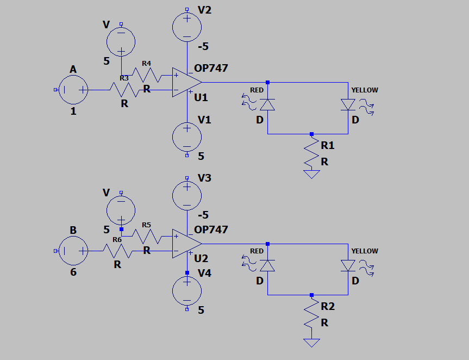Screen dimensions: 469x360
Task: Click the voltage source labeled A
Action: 73,90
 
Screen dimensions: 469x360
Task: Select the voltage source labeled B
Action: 73,251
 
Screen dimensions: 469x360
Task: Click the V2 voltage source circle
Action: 187,27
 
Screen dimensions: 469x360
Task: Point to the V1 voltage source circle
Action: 187,137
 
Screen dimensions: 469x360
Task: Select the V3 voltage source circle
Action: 187,196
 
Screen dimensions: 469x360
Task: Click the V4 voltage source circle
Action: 187,291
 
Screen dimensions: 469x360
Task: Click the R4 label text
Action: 146,64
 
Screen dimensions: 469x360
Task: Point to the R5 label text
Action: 146,225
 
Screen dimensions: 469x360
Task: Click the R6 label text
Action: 117,239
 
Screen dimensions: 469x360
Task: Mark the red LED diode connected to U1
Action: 267,105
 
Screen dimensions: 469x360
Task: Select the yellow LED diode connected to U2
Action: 348,266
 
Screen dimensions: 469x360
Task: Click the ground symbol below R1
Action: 311,174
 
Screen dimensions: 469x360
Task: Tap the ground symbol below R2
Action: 311,343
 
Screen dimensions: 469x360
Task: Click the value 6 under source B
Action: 73,272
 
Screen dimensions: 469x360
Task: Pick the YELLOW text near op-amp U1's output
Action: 365,90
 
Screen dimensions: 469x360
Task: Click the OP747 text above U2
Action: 211,229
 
